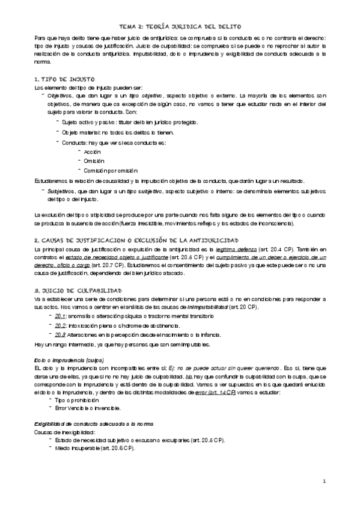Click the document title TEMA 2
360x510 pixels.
[x=180, y=27]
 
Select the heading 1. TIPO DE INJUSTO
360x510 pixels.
[x=64, y=79]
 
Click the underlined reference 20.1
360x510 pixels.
[x=60, y=316]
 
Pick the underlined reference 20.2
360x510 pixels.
[x=60, y=325]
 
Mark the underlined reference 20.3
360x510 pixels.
[x=60, y=334]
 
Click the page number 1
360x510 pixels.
[x=323, y=482]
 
